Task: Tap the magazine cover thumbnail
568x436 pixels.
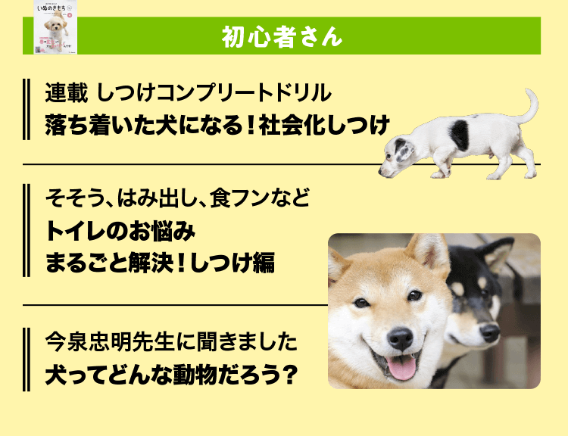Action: point(56,27)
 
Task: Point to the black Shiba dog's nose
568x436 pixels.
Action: point(489,332)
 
